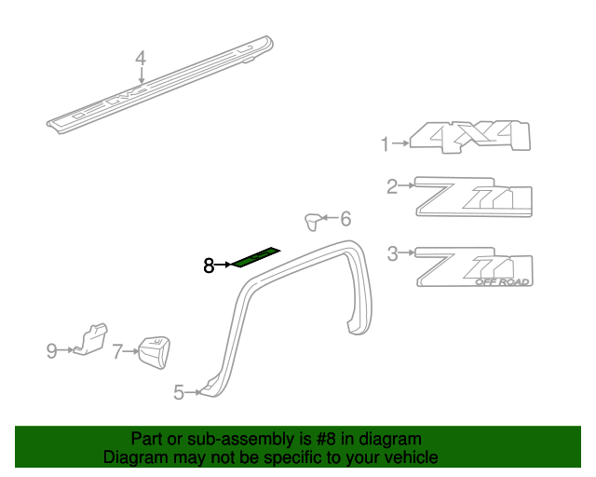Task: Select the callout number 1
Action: pyautogui.click(x=384, y=144)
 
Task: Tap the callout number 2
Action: pyautogui.click(x=392, y=187)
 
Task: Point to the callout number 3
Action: pyautogui.click(x=392, y=252)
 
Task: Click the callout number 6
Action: pyautogui.click(x=345, y=219)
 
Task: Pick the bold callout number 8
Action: pyautogui.click(x=209, y=266)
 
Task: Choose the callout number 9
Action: pyautogui.click(x=52, y=350)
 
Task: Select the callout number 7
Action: pyautogui.click(x=117, y=351)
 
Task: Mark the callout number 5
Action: pyautogui.click(x=179, y=393)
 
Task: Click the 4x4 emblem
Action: pyautogui.click(x=471, y=138)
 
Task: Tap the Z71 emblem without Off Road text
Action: pyautogui.click(x=473, y=197)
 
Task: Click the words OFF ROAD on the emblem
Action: pyautogui.click(x=503, y=281)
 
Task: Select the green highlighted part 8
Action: pyautogui.click(x=255, y=257)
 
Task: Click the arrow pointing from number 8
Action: pyautogui.click(x=223, y=266)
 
